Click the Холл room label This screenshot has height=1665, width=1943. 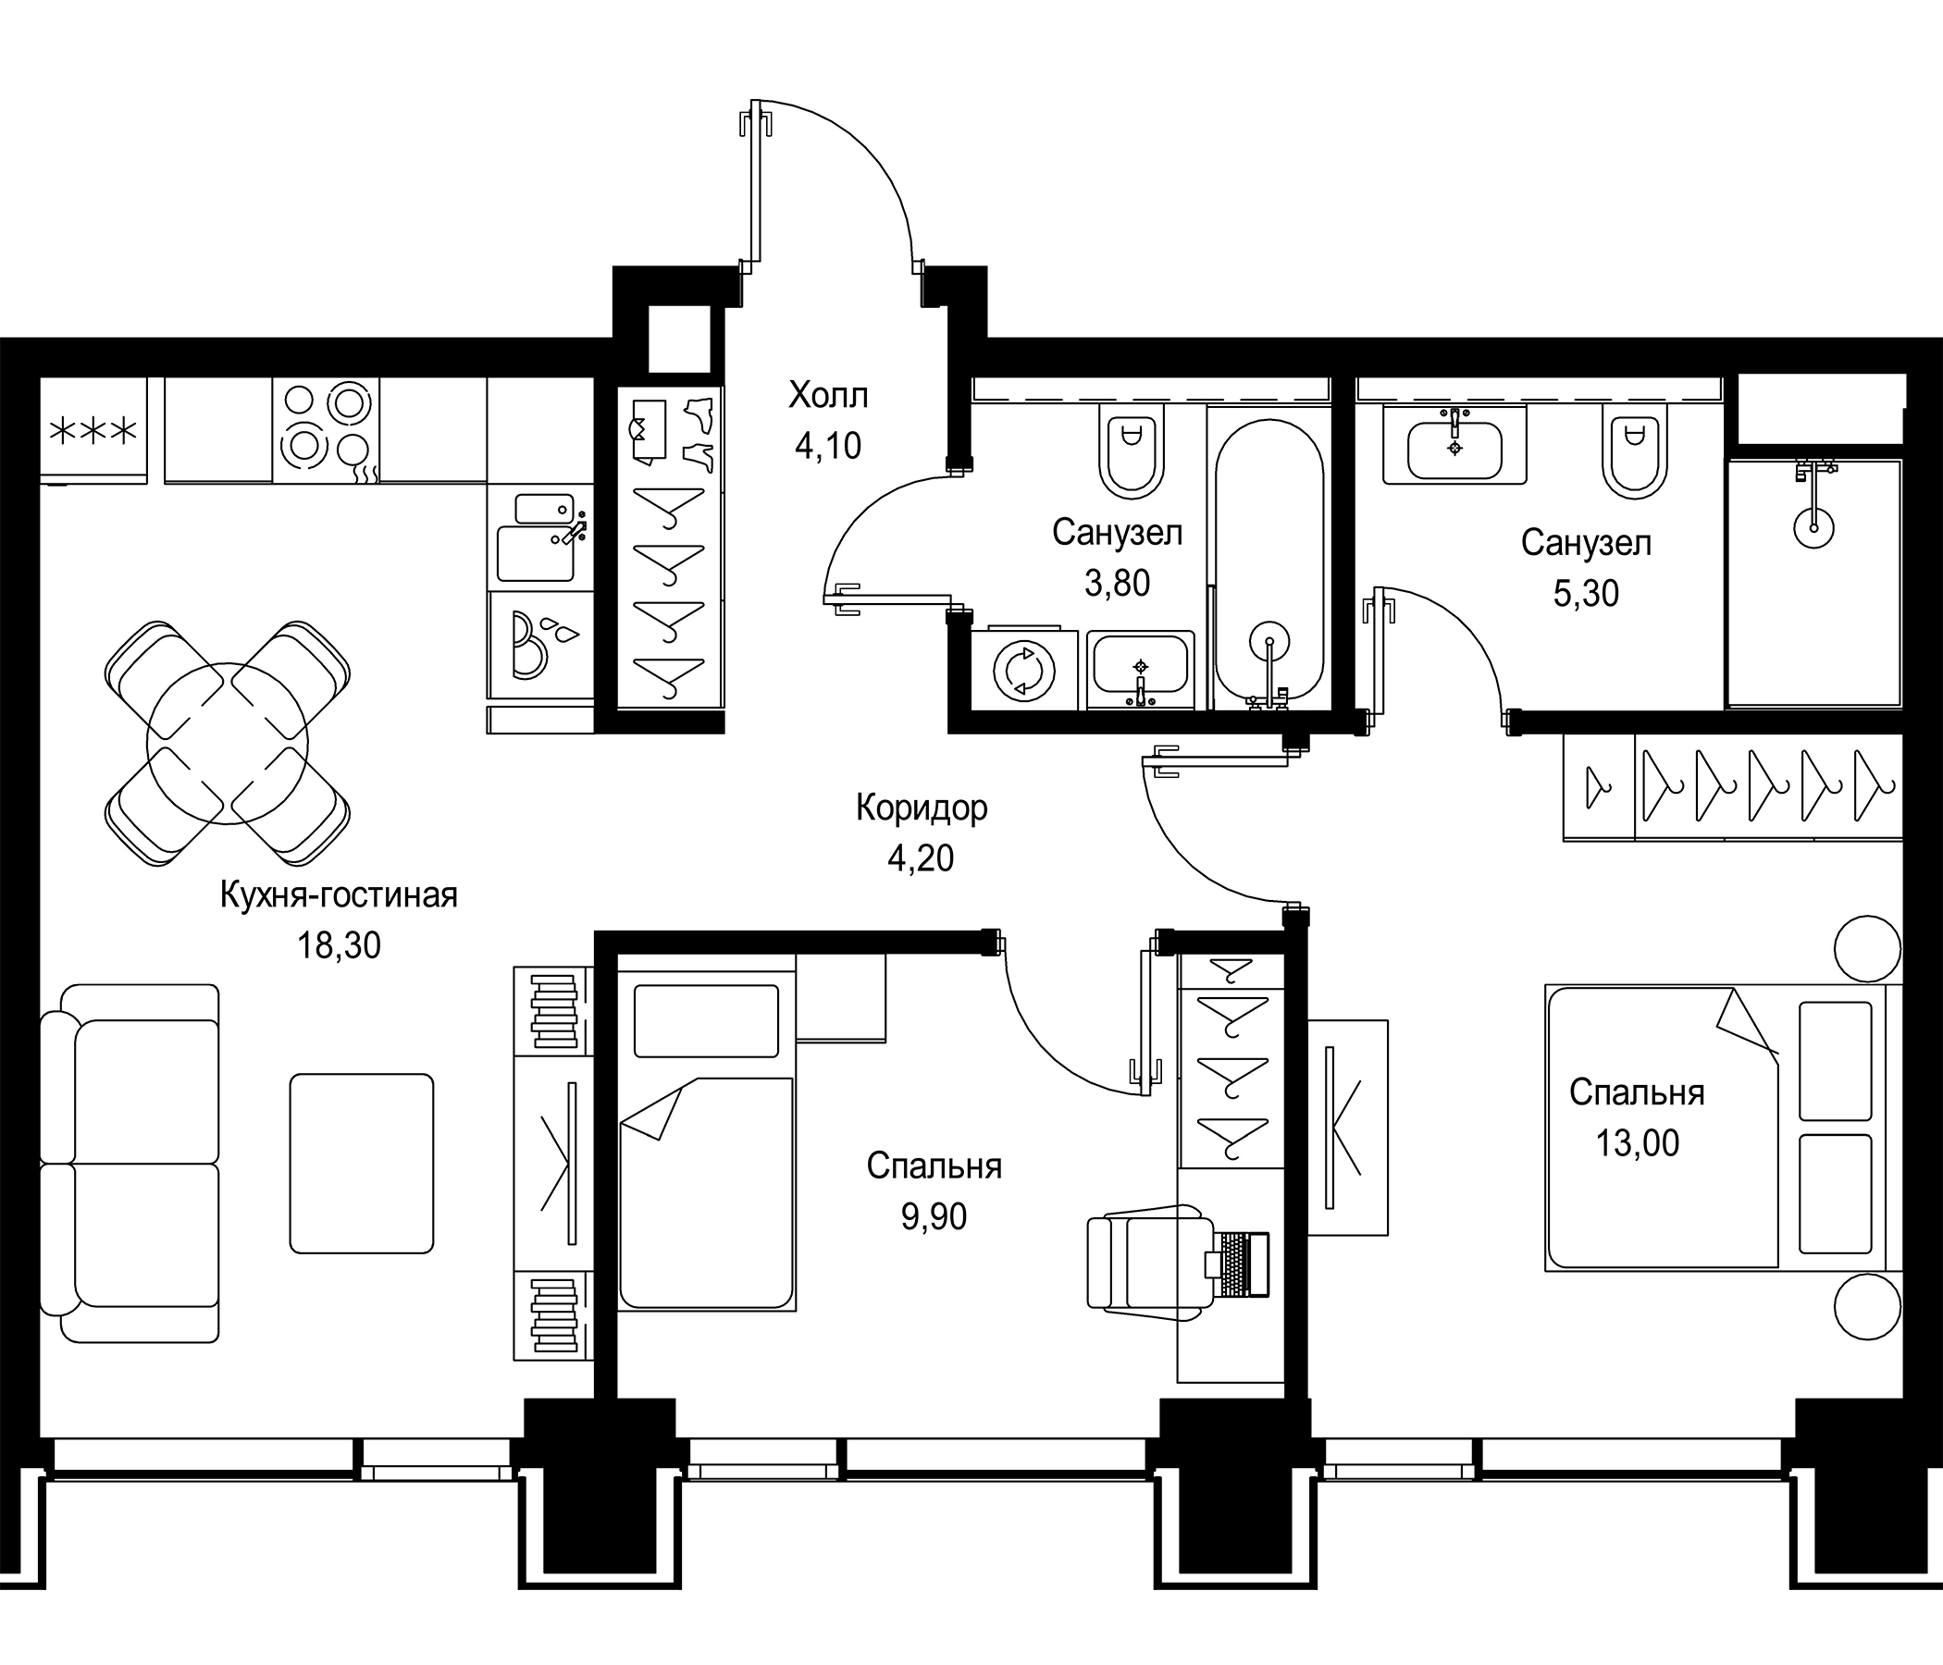click(828, 396)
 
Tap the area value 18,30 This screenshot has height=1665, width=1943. click(339, 946)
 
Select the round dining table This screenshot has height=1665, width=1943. click(228, 744)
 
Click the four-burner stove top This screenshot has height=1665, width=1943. click(326, 430)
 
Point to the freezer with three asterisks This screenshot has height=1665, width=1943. click(93, 431)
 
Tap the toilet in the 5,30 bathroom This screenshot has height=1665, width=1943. click(1634, 456)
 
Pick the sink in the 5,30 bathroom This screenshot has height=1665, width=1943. click(1454, 448)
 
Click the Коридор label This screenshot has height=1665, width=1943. click(921, 808)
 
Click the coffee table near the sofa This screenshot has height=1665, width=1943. click(361, 1163)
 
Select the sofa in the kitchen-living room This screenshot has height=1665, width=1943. click(131, 1163)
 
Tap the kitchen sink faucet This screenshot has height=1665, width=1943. click(571, 532)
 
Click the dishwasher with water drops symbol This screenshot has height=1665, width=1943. click(540, 643)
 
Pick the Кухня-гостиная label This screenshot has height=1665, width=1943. click(339, 895)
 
